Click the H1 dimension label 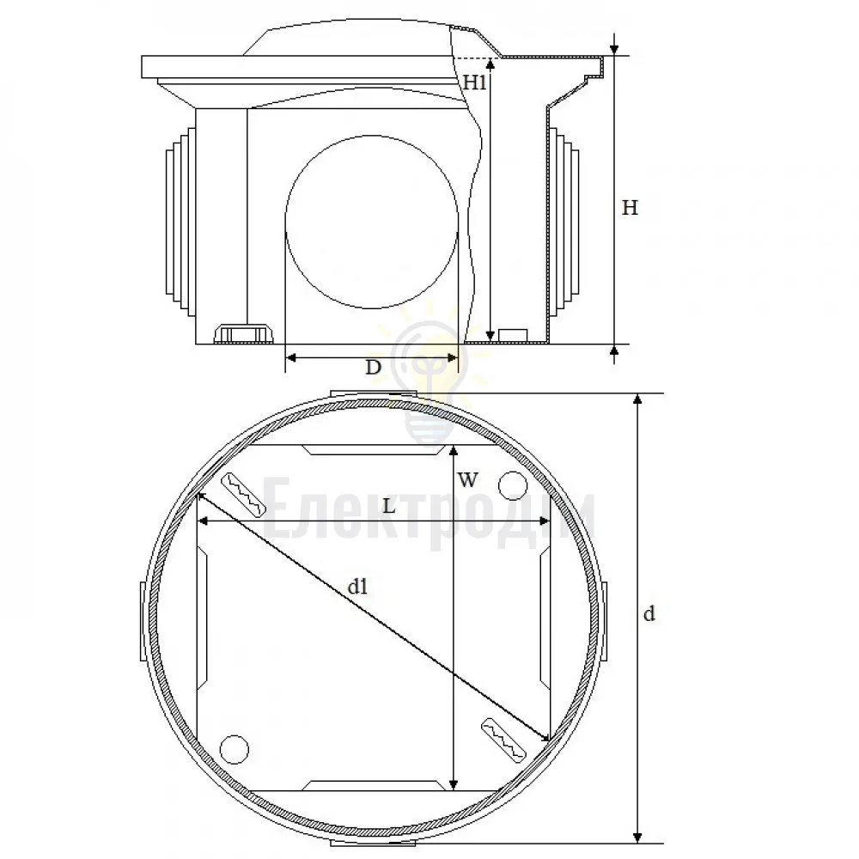(475, 82)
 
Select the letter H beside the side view (630, 208)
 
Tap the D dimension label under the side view (373, 367)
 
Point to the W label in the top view (467, 480)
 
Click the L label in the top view (388, 506)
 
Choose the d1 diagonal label (357, 587)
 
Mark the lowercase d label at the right (649, 613)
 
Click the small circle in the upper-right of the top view (513, 485)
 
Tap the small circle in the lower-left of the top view (234, 749)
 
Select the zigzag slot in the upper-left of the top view (243, 495)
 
